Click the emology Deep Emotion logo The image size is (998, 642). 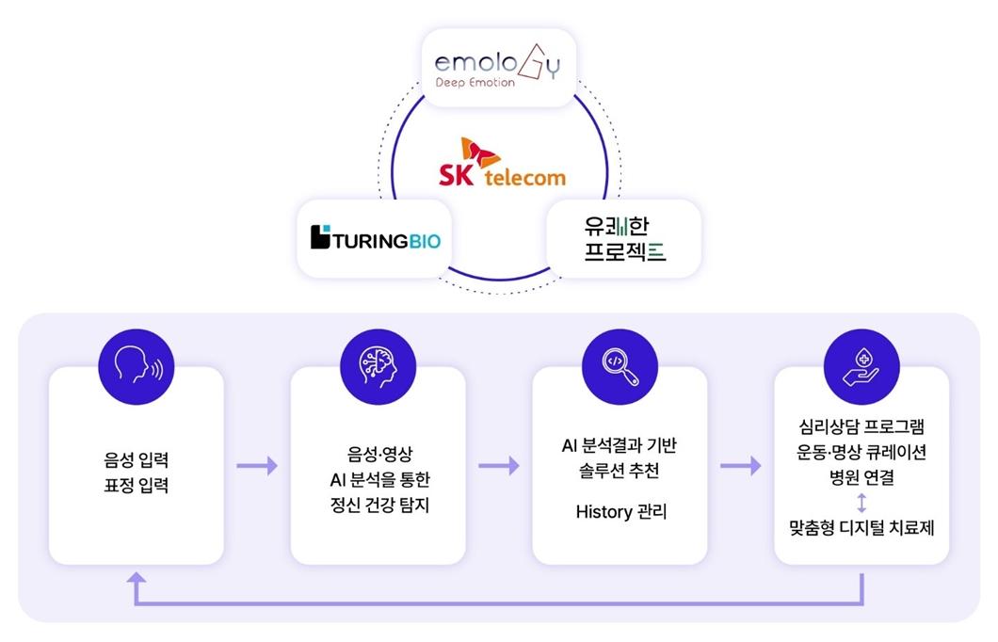pyautogui.click(x=497, y=66)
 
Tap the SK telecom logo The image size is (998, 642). pyautogui.click(x=502, y=162)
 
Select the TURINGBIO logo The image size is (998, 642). pyautogui.click(x=376, y=237)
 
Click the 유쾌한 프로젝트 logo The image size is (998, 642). pyautogui.click(x=624, y=238)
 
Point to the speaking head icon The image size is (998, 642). pyautogui.click(x=137, y=366)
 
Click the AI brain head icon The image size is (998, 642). pyautogui.click(x=378, y=366)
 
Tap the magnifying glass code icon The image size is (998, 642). pyautogui.click(x=620, y=366)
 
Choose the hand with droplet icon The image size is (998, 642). pyautogui.click(x=861, y=366)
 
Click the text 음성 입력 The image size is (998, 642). pyautogui.click(x=137, y=459)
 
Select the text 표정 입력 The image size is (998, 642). pyautogui.click(x=137, y=486)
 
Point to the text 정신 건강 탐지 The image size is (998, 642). pyautogui.click(x=379, y=505)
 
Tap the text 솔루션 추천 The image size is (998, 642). pyautogui.click(x=620, y=471)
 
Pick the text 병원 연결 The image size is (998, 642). pyautogui.click(x=861, y=476)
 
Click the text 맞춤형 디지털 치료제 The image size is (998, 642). pyautogui.click(x=861, y=527)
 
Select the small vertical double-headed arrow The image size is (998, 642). pyautogui.click(x=861, y=503)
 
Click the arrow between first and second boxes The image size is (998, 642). pyautogui.click(x=257, y=466)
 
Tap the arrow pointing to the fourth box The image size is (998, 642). pyautogui.click(x=741, y=466)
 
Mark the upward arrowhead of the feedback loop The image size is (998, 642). pyautogui.click(x=137, y=577)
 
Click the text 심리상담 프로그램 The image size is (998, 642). pyautogui.click(x=861, y=425)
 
